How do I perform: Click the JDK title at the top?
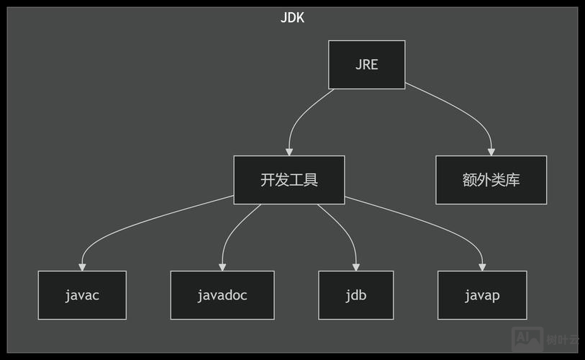click(x=292, y=18)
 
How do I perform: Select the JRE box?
click(x=366, y=65)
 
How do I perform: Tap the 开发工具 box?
click(x=289, y=180)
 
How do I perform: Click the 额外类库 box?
click(x=491, y=180)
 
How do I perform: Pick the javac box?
click(x=82, y=295)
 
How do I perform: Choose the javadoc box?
click(x=222, y=295)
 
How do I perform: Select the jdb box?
click(x=356, y=295)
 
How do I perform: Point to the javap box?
click(x=482, y=295)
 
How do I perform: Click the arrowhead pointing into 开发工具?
click(x=289, y=152)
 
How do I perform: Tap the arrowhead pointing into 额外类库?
click(x=491, y=152)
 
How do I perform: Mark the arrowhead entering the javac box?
click(x=82, y=267)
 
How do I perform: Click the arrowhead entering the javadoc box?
click(x=222, y=267)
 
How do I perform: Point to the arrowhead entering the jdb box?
click(x=356, y=267)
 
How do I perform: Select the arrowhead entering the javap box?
click(x=482, y=267)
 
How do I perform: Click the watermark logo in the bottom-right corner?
click(x=527, y=338)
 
